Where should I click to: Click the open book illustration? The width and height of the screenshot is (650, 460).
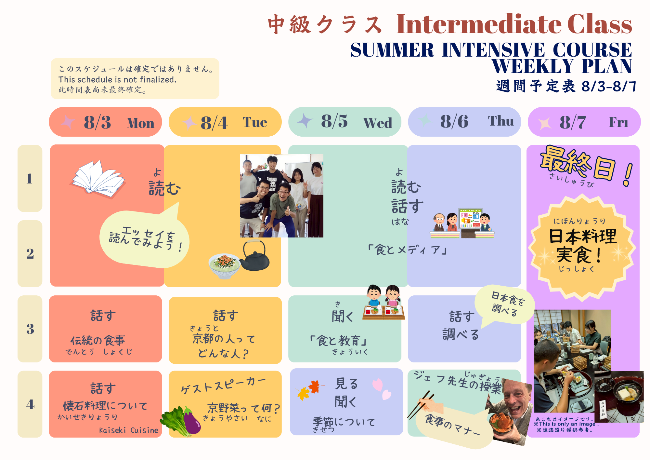pos(97,179)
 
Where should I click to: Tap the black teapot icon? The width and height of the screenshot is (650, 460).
pos(255,255)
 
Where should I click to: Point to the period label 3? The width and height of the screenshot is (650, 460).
pos(30,329)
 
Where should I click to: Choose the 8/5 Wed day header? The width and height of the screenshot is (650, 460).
pos(345,122)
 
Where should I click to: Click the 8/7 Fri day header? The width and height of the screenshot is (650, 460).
pos(584,122)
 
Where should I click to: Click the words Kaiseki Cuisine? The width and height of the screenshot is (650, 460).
pos(129,430)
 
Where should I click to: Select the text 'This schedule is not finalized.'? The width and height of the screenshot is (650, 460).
pos(117,80)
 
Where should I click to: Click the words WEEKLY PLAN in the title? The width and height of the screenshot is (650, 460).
pos(562,66)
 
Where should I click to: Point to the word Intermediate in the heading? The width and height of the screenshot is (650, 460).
pos(479,24)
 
